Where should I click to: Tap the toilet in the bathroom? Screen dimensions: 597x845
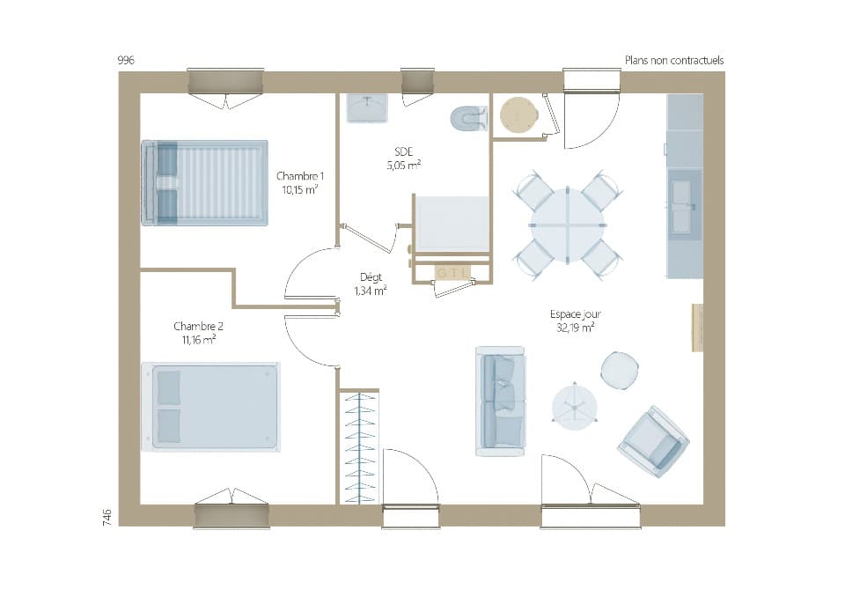[x=468, y=118]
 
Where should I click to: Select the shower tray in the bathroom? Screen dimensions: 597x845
[x=452, y=223]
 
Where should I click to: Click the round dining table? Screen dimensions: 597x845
[x=568, y=225]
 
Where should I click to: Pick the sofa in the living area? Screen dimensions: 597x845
[x=500, y=401]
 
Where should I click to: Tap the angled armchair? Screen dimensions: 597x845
[x=653, y=441]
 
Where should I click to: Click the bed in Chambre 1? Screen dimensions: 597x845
[x=204, y=182]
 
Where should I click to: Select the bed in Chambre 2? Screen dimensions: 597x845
[x=210, y=407]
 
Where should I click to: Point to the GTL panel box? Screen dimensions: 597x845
[x=452, y=273]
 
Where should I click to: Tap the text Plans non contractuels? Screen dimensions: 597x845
[x=673, y=60]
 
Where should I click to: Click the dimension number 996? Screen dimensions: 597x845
[x=126, y=60]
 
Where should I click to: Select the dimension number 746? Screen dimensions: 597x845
[x=106, y=517]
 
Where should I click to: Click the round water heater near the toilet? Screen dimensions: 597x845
[x=518, y=114]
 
